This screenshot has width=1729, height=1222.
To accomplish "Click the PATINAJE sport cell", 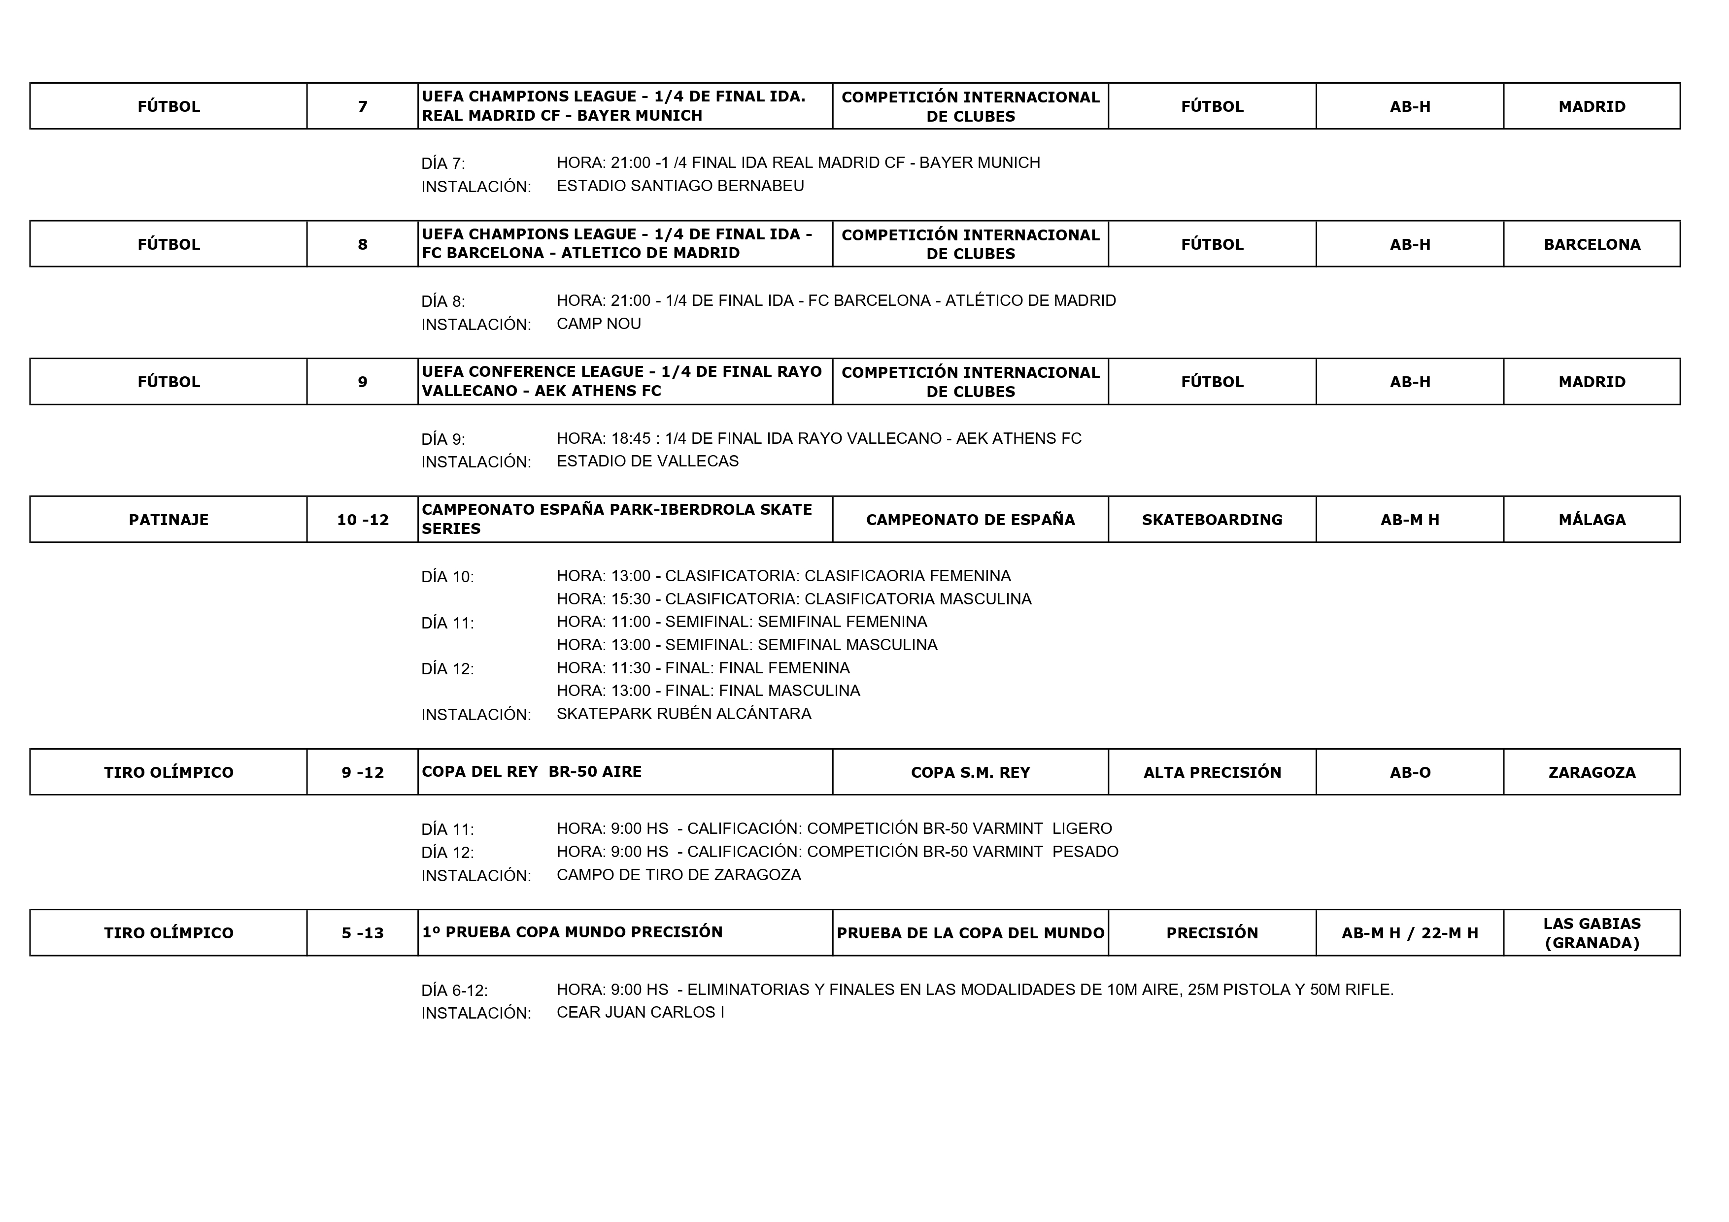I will click(169, 520).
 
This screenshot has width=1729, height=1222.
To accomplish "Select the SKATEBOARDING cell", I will click(1212, 520).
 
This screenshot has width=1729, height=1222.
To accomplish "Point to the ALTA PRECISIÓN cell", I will click(1212, 772).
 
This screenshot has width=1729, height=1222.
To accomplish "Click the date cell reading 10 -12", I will click(362, 520).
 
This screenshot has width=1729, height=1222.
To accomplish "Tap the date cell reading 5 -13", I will click(362, 933).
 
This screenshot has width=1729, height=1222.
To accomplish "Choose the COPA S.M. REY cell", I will click(970, 772).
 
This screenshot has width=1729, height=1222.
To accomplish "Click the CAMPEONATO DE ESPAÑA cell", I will click(970, 520).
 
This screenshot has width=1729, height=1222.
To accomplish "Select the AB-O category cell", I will click(1410, 772).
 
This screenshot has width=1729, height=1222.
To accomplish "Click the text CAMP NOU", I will click(599, 324).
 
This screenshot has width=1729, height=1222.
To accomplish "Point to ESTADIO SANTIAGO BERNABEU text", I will click(680, 186).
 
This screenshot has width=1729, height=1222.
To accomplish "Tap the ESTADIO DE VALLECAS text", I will click(647, 461).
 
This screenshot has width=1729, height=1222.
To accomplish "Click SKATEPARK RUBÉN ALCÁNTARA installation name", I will click(684, 714).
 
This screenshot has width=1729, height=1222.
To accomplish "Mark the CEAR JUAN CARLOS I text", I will click(640, 1013).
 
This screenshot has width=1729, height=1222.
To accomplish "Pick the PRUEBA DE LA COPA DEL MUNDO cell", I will click(970, 933).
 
